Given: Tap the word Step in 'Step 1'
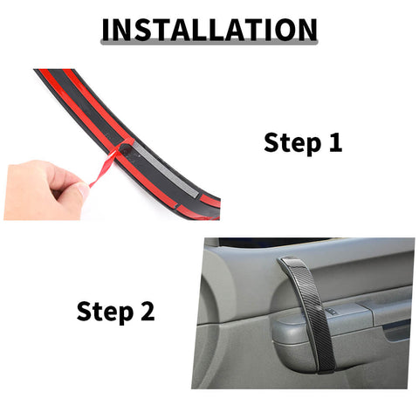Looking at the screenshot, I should tap(292, 143).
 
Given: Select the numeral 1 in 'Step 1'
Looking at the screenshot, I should tap(334, 143).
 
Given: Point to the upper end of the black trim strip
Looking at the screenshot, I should tap(44, 77).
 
